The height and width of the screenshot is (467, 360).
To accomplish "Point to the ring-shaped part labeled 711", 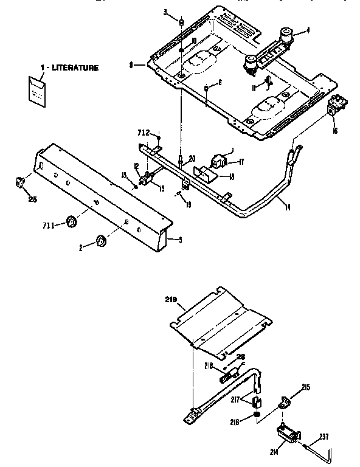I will [x=71, y=221].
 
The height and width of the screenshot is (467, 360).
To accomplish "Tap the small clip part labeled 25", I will [x=19, y=180].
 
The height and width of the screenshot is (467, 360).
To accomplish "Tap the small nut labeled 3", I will [x=181, y=22].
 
